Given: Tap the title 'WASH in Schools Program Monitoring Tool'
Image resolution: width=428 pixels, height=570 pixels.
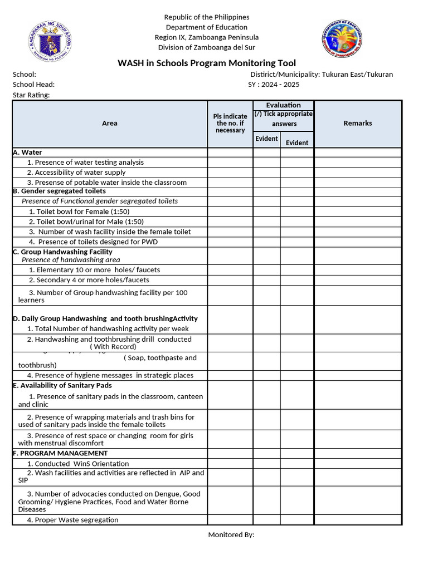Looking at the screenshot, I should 207,63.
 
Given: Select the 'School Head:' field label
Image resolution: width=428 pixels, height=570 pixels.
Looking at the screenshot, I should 33,85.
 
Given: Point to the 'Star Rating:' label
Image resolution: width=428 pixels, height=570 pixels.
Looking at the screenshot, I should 31,95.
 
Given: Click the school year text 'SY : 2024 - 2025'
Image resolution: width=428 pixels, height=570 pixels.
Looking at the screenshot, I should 274,85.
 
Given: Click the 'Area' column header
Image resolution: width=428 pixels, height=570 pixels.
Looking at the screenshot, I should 110,123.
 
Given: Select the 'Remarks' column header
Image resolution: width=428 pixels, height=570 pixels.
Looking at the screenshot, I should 357,123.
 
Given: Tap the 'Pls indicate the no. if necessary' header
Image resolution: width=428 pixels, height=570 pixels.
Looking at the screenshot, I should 230,123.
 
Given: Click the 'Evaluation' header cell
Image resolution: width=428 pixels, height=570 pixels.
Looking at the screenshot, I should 283,105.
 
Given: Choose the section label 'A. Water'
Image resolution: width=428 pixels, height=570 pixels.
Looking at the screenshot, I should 27,152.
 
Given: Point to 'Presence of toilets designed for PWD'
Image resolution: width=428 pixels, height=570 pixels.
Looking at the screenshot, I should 93,242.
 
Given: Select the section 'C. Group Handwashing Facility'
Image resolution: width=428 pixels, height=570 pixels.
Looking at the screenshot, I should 62,252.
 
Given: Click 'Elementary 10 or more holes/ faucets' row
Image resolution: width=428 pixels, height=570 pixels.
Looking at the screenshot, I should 94,270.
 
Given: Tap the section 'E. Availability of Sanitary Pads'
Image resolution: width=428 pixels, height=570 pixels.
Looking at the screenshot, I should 62,385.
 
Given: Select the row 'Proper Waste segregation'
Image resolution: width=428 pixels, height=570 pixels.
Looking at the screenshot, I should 72,520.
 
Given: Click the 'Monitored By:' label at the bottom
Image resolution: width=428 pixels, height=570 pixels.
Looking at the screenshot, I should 231,535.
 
